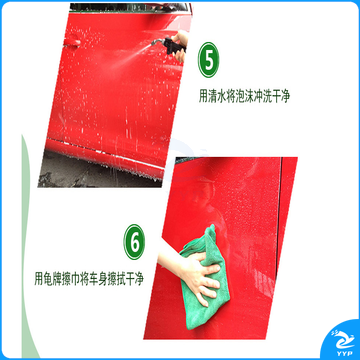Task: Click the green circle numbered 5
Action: (209, 60)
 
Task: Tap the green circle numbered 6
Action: (134, 242)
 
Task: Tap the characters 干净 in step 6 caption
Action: (133, 278)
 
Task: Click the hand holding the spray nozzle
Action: (181, 47)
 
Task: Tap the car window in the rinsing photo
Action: (130, 8)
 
